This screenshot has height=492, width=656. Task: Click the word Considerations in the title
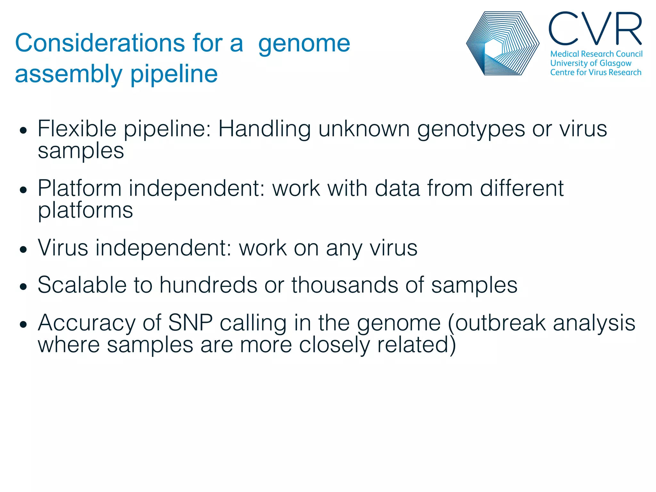point(100,43)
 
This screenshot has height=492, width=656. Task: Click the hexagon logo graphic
point(502,44)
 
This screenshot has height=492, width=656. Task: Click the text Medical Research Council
point(596,54)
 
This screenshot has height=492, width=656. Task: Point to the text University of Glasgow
point(590,63)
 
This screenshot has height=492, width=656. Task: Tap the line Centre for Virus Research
point(595,72)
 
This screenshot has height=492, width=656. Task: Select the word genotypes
point(471,129)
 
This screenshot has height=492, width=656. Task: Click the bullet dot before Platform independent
point(23,190)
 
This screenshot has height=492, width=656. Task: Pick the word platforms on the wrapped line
point(85,211)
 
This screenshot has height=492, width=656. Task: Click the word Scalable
point(82,285)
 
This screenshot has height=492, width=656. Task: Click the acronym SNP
point(190,323)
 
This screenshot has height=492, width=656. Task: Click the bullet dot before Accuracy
point(23,324)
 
